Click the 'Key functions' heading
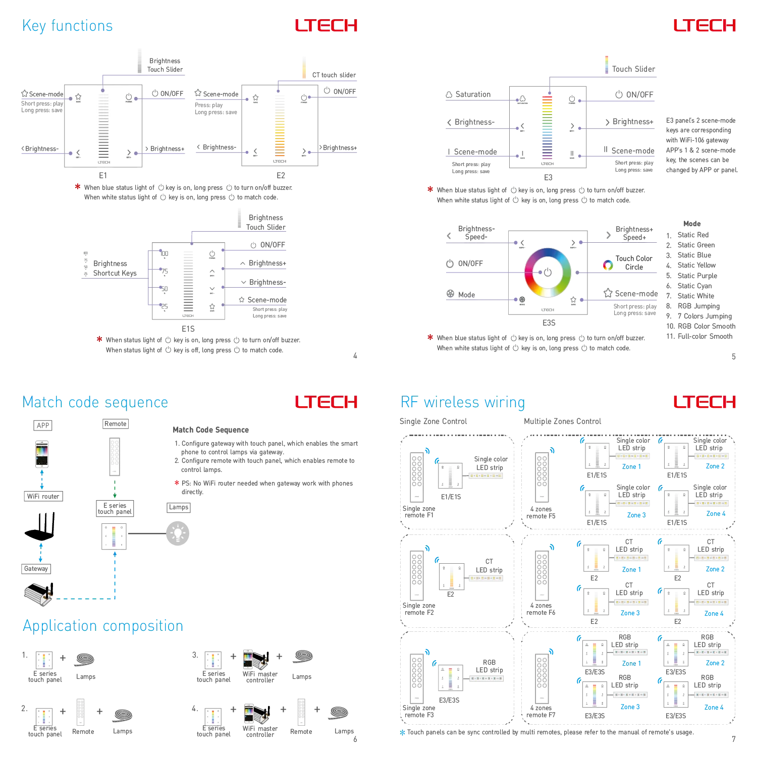67,25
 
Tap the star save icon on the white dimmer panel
78,97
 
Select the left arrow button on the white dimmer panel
78,152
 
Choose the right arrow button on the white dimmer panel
129,152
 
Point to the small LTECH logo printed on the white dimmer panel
103,163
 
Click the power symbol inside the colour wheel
548,273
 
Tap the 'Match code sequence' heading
95,402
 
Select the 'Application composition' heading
103,626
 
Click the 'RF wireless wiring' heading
462,402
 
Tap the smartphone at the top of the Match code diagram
42,454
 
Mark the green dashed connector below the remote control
116,488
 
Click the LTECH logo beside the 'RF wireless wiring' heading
705,402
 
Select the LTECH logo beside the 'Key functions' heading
327,25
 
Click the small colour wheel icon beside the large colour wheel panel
608,264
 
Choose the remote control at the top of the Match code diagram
115,456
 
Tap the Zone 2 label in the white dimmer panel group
715,466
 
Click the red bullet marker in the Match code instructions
177,482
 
